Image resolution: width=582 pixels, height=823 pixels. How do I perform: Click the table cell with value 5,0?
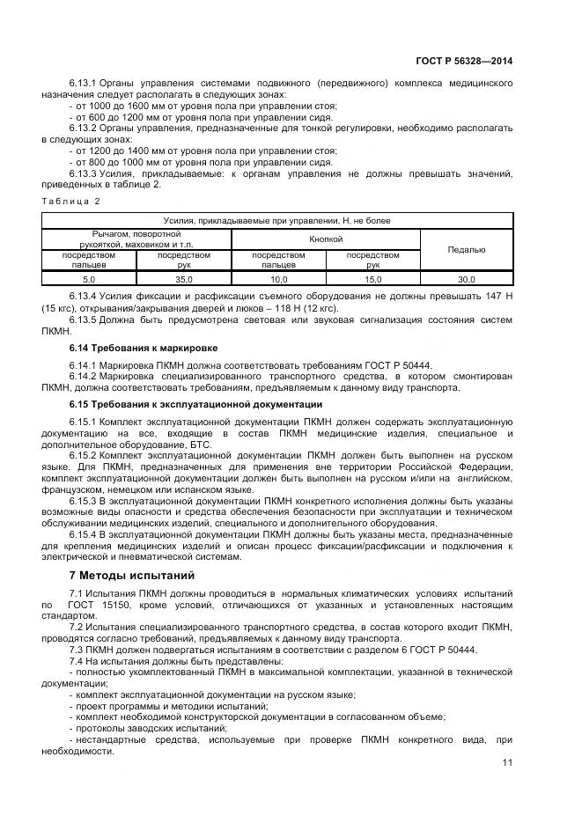click(x=89, y=278)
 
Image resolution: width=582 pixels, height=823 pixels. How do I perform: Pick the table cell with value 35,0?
click(x=183, y=278)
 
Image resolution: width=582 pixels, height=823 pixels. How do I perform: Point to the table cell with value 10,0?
click(x=278, y=278)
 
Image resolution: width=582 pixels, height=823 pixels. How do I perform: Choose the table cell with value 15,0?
click(x=372, y=278)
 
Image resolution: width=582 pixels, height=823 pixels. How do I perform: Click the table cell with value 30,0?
click(x=466, y=278)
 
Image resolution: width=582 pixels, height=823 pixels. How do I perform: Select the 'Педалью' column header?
click(x=466, y=250)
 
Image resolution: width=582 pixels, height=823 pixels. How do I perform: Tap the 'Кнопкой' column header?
click(x=326, y=239)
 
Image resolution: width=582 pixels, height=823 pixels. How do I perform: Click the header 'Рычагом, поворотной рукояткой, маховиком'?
click(x=136, y=239)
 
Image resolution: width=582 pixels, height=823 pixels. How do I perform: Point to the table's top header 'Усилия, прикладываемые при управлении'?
click(x=277, y=221)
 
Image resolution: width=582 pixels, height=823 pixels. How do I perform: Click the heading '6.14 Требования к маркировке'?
click(x=130, y=348)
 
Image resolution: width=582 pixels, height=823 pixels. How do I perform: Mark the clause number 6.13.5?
click(x=83, y=320)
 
